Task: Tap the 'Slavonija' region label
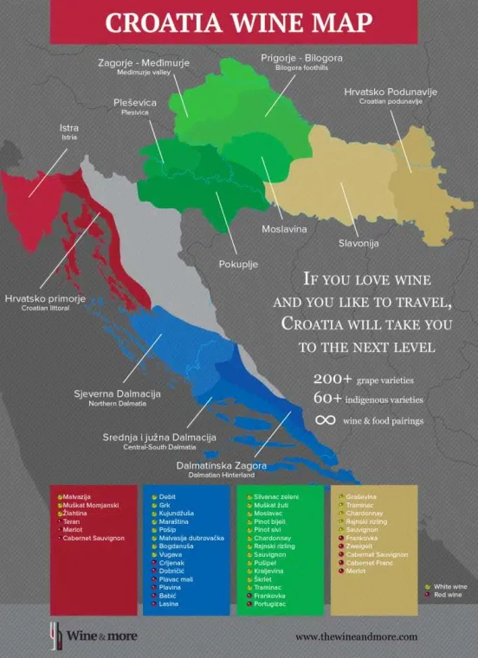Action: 358,244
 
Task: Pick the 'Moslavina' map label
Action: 284,230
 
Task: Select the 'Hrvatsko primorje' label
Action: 46,298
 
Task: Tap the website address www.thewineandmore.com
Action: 356,636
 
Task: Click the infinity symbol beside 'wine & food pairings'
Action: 326,421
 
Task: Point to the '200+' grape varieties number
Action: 333,380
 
